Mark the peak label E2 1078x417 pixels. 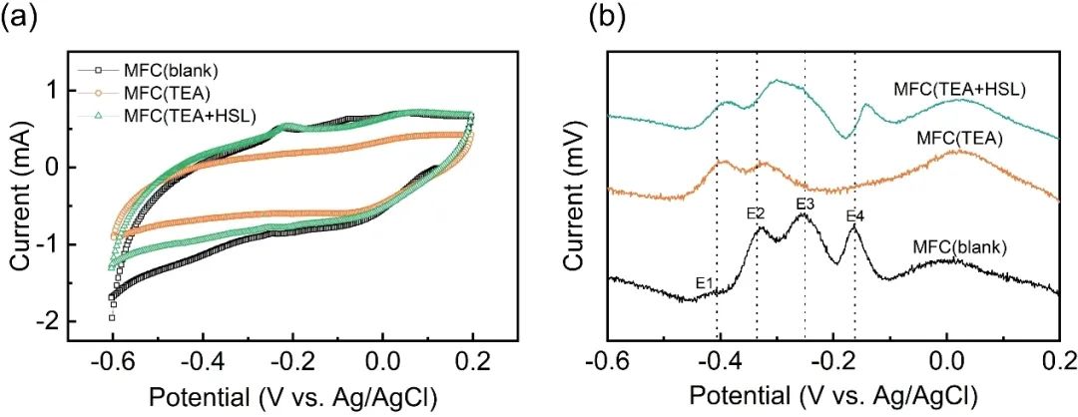coord(755,212)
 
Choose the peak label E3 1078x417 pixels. coord(806,205)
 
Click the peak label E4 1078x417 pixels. coord(854,216)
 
